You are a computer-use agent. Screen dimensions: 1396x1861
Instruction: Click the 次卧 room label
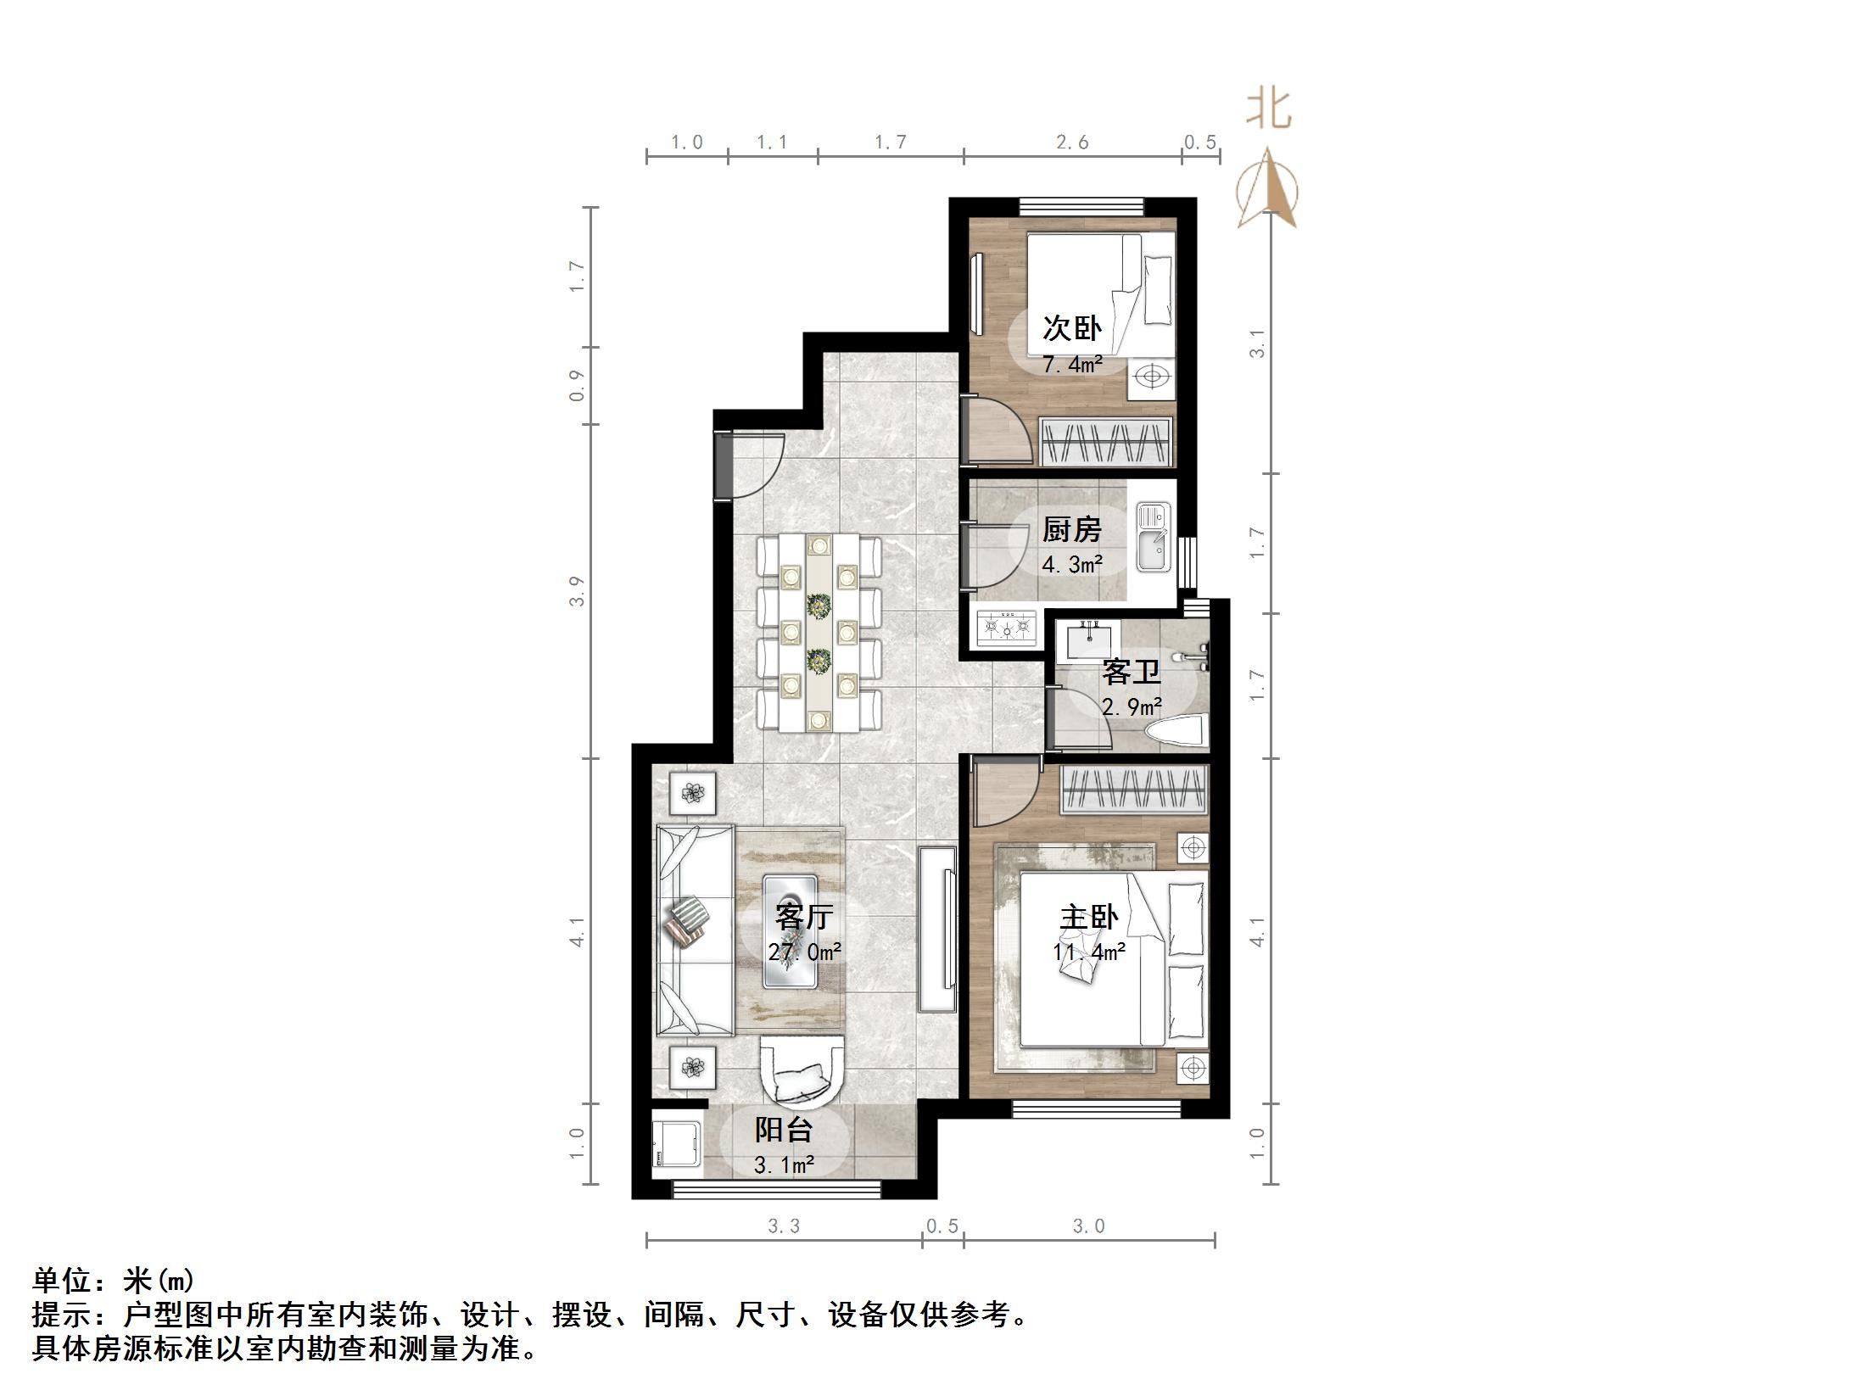pos(1071,328)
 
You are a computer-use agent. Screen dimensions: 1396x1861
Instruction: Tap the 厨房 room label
pos(1071,530)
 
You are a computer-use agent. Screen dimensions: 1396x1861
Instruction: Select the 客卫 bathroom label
pos(1131,673)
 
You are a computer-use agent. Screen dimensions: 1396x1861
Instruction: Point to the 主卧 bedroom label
pos(1089,918)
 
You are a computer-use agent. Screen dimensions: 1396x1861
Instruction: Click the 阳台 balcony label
pos(784,1130)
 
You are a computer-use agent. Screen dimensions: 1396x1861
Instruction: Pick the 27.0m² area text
pos(805,952)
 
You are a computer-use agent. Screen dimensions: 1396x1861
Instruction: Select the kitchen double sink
pos(1153,537)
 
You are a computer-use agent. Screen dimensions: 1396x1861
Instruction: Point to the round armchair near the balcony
pos(802,1073)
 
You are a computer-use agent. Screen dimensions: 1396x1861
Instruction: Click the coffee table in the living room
pos(791,931)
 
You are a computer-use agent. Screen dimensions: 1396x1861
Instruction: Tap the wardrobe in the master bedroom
pos(1133,790)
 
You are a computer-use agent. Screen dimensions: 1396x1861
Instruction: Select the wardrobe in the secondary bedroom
pos(1106,441)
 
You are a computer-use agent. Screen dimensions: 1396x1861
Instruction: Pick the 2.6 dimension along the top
pos(1072,142)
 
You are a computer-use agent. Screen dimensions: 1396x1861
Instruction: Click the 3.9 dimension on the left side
pos(578,591)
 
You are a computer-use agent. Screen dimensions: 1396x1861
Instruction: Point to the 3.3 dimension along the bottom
pos(784,1226)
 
